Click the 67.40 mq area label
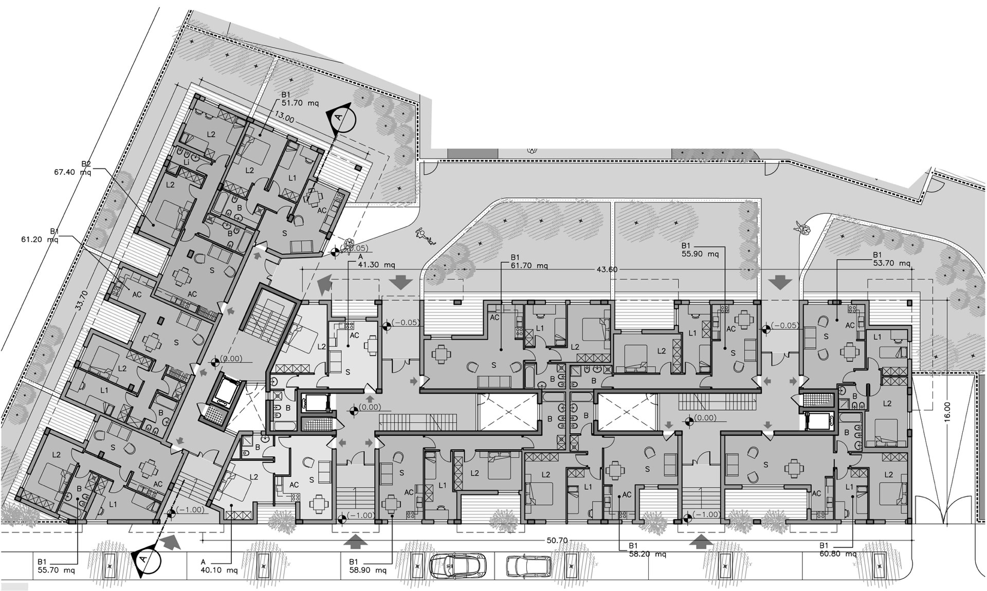[72, 172]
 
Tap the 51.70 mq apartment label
[300, 103]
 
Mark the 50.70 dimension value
[557, 540]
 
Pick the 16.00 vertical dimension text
[947, 412]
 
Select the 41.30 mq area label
[376, 265]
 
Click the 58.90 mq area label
[368, 570]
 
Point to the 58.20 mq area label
[648, 554]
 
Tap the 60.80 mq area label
[838, 553]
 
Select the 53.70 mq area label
[892, 263]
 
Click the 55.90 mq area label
[700, 254]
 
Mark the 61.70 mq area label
[529, 266]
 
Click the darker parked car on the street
[458, 565]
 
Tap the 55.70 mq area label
[57, 570]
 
